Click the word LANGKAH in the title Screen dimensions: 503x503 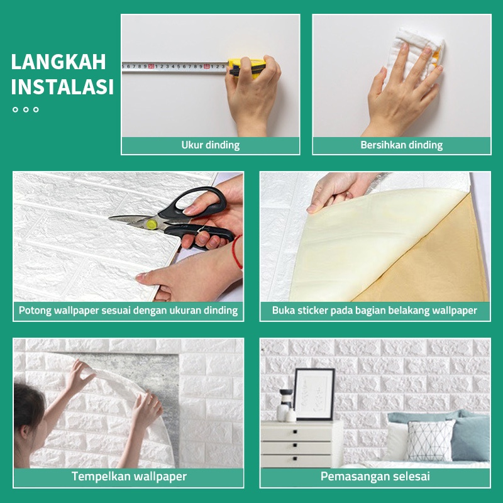58,62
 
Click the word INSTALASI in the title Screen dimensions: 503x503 62,87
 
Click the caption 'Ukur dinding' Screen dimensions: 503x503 211,145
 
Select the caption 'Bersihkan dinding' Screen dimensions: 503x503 402,145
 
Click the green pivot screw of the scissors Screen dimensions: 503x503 152,224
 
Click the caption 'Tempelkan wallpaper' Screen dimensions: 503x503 129,477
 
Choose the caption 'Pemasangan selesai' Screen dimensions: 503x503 375,477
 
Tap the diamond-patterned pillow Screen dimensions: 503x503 430,441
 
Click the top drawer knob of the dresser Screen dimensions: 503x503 295,432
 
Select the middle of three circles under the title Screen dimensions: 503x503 26,109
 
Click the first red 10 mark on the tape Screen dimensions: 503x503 151,67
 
